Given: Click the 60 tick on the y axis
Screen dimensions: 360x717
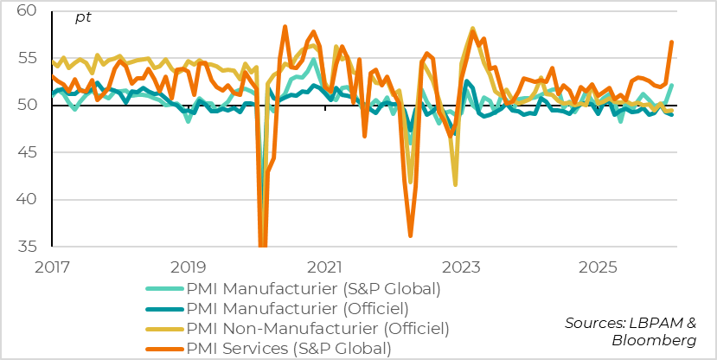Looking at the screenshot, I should coord(25,11).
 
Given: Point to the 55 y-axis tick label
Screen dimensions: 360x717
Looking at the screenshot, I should coord(25,59).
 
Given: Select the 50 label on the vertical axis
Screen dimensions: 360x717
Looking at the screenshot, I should coord(25,106).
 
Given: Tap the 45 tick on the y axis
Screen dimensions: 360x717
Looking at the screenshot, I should coord(25,153).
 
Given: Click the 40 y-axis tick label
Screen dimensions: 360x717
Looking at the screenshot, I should coord(25,200).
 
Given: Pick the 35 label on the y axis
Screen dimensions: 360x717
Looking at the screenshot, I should coord(25,247).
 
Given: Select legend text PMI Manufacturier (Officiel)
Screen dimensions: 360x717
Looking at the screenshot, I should coord(298,308).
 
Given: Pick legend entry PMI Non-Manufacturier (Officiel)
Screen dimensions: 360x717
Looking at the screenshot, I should coord(318,329).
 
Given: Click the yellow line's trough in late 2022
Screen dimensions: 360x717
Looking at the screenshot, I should coord(455,184).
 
